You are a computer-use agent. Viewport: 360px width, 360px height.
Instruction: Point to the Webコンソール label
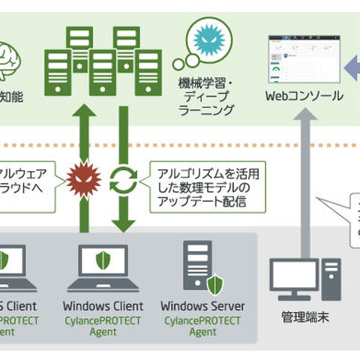[x=304, y=96]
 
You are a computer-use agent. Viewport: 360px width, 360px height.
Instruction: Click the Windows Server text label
[x=202, y=306]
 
